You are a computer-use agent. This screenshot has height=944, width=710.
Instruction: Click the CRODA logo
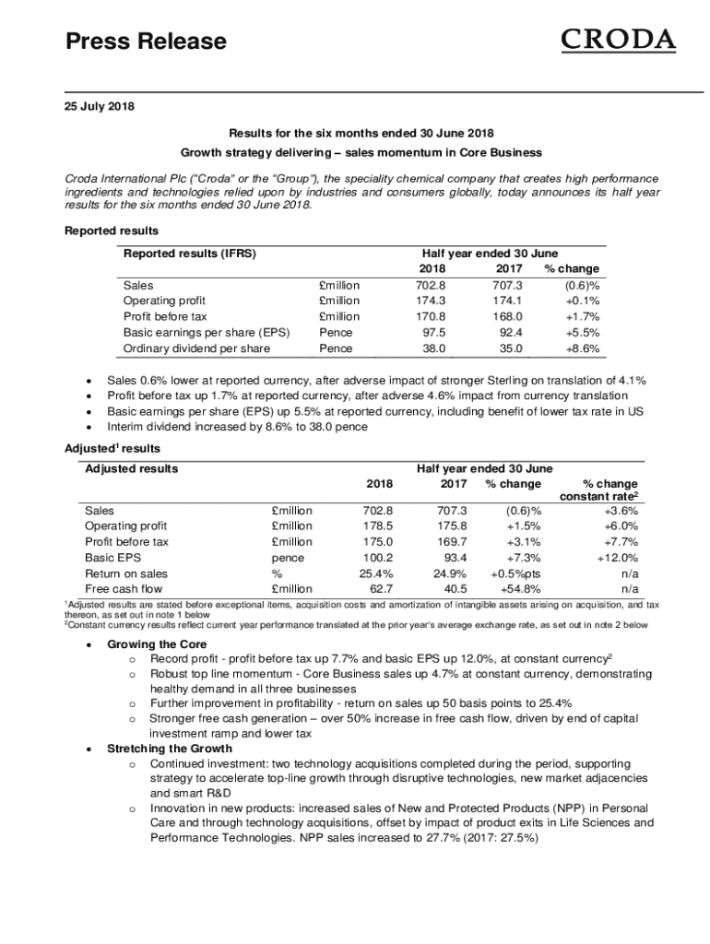click(x=618, y=41)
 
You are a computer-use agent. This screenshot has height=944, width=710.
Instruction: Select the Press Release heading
click(x=145, y=41)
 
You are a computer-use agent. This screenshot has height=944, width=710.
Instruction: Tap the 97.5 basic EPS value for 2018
click(x=433, y=332)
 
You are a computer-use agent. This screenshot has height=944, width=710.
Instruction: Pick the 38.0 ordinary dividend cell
click(x=433, y=348)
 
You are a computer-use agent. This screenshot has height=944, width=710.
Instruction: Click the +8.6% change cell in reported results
click(x=581, y=348)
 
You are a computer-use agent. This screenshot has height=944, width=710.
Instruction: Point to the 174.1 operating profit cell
click(x=508, y=301)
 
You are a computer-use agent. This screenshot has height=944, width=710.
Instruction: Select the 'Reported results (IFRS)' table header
click(x=189, y=253)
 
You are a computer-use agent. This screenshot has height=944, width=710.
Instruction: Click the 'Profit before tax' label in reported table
click(x=165, y=316)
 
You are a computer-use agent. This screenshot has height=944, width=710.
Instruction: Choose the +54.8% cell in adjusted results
click(x=521, y=588)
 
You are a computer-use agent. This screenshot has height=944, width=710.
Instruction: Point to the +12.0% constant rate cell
click(x=617, y=557)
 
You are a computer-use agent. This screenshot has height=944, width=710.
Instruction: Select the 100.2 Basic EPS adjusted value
click(x=377, y=557)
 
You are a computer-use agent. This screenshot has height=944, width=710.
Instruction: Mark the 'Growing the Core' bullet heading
click(x=157, y=644)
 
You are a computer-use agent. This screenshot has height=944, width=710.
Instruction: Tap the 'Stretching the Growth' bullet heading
click(x=170, y=749)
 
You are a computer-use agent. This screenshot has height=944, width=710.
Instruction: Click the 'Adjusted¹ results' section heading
click(x=112, y=449)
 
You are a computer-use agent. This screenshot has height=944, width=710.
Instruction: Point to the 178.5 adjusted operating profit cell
click(x=377, y=525)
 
